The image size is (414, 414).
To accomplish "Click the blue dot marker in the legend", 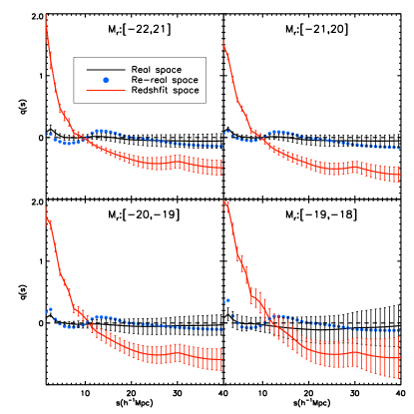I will click(106, 80).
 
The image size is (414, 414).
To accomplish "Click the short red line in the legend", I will click(105, 91).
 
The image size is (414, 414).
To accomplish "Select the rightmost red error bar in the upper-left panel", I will click(220, 168).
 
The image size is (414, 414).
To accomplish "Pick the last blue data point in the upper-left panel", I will click(220, 147).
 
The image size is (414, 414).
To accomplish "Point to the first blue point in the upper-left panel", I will click(47, 134).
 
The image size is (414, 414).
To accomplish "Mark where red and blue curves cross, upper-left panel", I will click(82, 140).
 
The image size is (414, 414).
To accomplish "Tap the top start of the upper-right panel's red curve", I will click(223, 42).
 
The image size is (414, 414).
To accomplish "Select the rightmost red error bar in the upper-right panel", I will click(399, 175).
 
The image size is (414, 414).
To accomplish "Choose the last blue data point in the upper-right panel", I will click(399, 148).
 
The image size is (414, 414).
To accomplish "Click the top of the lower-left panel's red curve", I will click(46, 208).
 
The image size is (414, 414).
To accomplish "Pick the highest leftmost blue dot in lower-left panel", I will click(50, 309).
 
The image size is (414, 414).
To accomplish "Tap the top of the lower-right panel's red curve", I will click(224, 202).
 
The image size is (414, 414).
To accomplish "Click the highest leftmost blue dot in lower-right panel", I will click(227, 300).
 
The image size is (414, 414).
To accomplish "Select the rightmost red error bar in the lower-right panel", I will click(399, 357).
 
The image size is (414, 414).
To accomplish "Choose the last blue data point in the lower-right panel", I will click(399, 330).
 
